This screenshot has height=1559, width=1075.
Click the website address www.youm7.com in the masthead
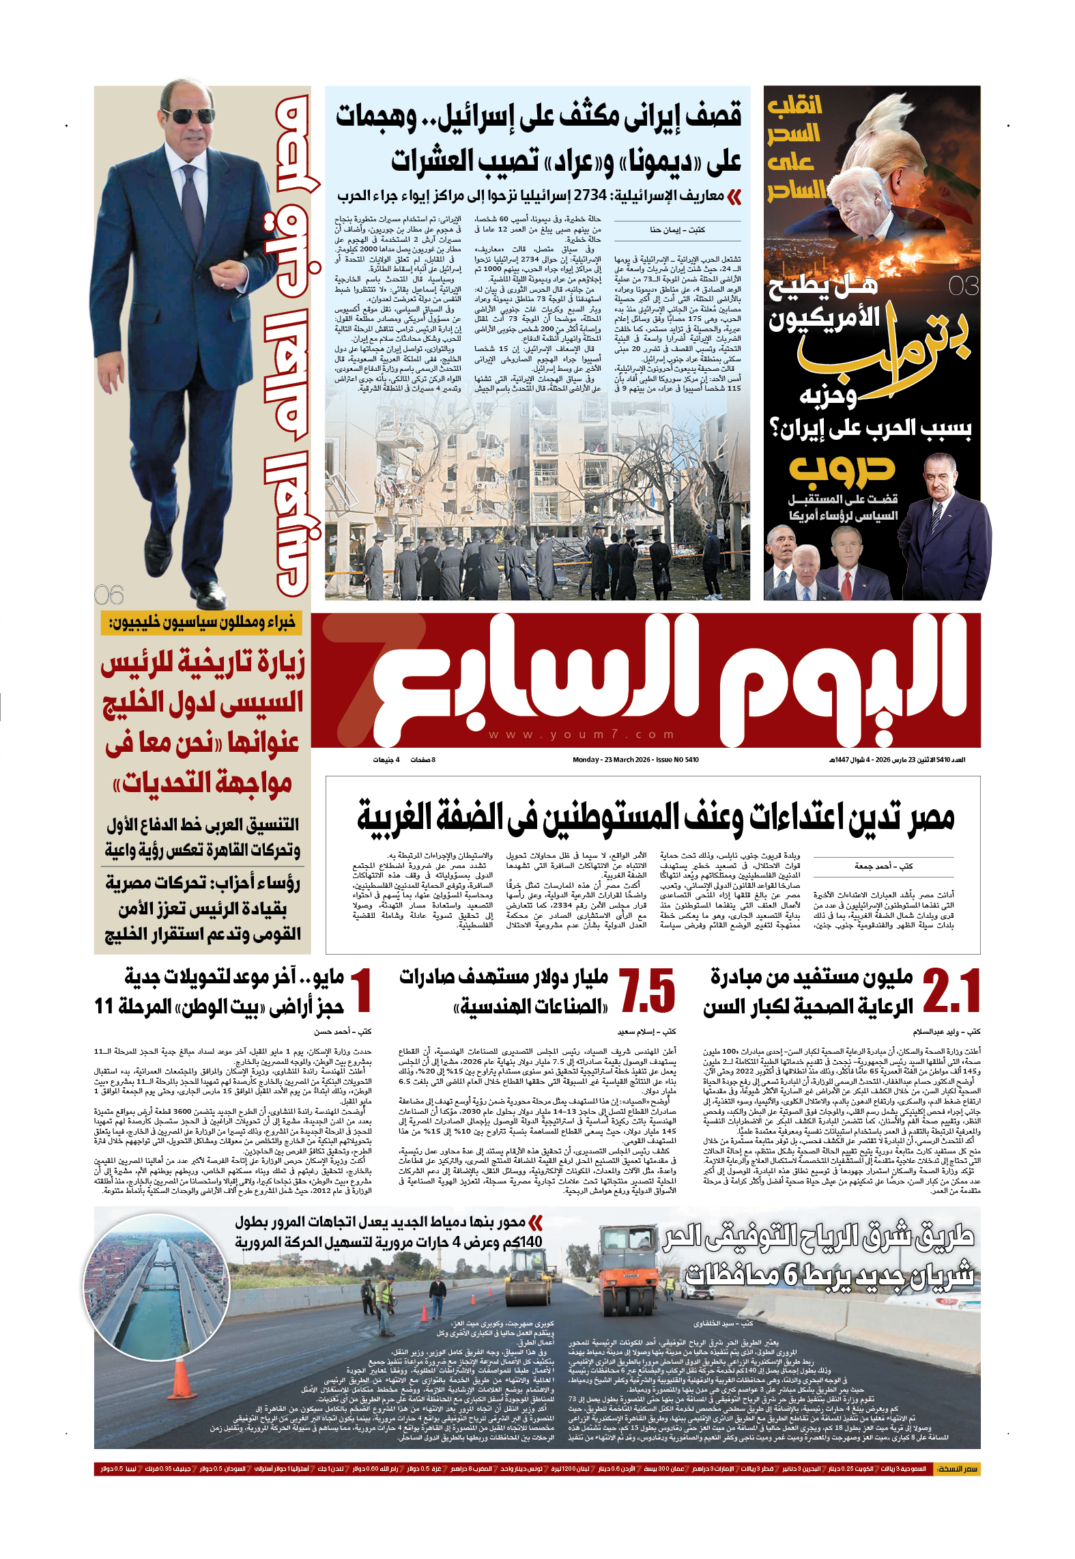pyautogui.click(x=582, y=735)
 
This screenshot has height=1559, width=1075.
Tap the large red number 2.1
pyautogui.click(x=951, y=991)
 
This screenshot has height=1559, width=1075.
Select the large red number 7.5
pyautogui.click(x=647, y=991)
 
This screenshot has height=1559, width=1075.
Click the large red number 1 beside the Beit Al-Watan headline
pyautogui.click(x=361, y=991)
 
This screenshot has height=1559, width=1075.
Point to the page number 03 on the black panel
pyautogui.click(x=964, y=285)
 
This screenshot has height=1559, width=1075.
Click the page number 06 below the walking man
pyautogui.click(x=109, y=595)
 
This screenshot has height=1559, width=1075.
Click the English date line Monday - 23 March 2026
pyautogui.click(x=635, y=759)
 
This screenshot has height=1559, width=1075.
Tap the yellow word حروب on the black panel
pyautogui.click(x=842, y=469)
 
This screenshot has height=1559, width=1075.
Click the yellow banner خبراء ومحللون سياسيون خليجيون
pyautogui.click(x=202, y=623)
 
